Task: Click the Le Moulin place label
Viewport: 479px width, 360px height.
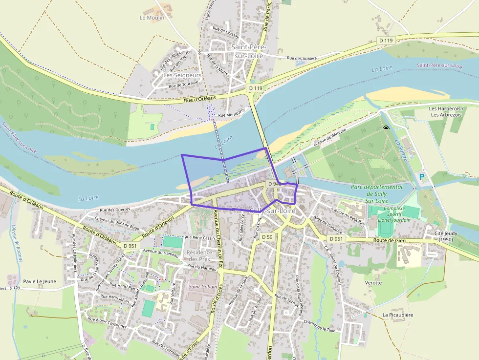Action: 152,18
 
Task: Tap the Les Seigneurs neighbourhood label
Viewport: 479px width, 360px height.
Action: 182,76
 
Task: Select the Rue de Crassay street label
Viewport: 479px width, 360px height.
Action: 226,32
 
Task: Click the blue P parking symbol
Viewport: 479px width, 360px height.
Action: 421,177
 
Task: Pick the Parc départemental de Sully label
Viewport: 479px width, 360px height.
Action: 377,193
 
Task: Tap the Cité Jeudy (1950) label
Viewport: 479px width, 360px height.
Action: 446,236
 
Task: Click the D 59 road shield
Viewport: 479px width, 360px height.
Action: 266,237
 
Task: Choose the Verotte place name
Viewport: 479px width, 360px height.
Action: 373,282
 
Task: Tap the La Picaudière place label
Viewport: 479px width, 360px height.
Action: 397,315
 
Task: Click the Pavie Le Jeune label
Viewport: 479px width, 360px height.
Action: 40,281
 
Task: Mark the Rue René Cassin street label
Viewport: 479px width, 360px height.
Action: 200,238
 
